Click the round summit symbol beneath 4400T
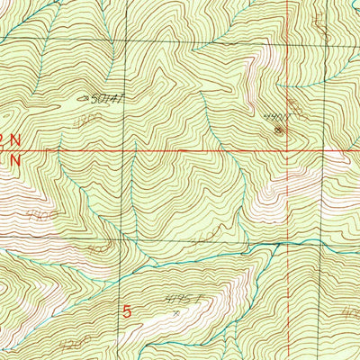click(x=277, y=130)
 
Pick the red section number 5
click(x=127, y=311)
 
